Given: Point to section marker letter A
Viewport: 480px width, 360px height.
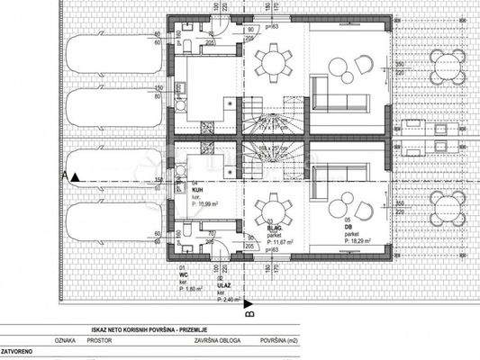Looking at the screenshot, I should [x=69, y=175].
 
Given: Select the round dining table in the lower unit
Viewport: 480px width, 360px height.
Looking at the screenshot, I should [x=272, y=212].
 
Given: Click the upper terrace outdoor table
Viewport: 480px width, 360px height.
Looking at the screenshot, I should [x=448, y=66].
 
